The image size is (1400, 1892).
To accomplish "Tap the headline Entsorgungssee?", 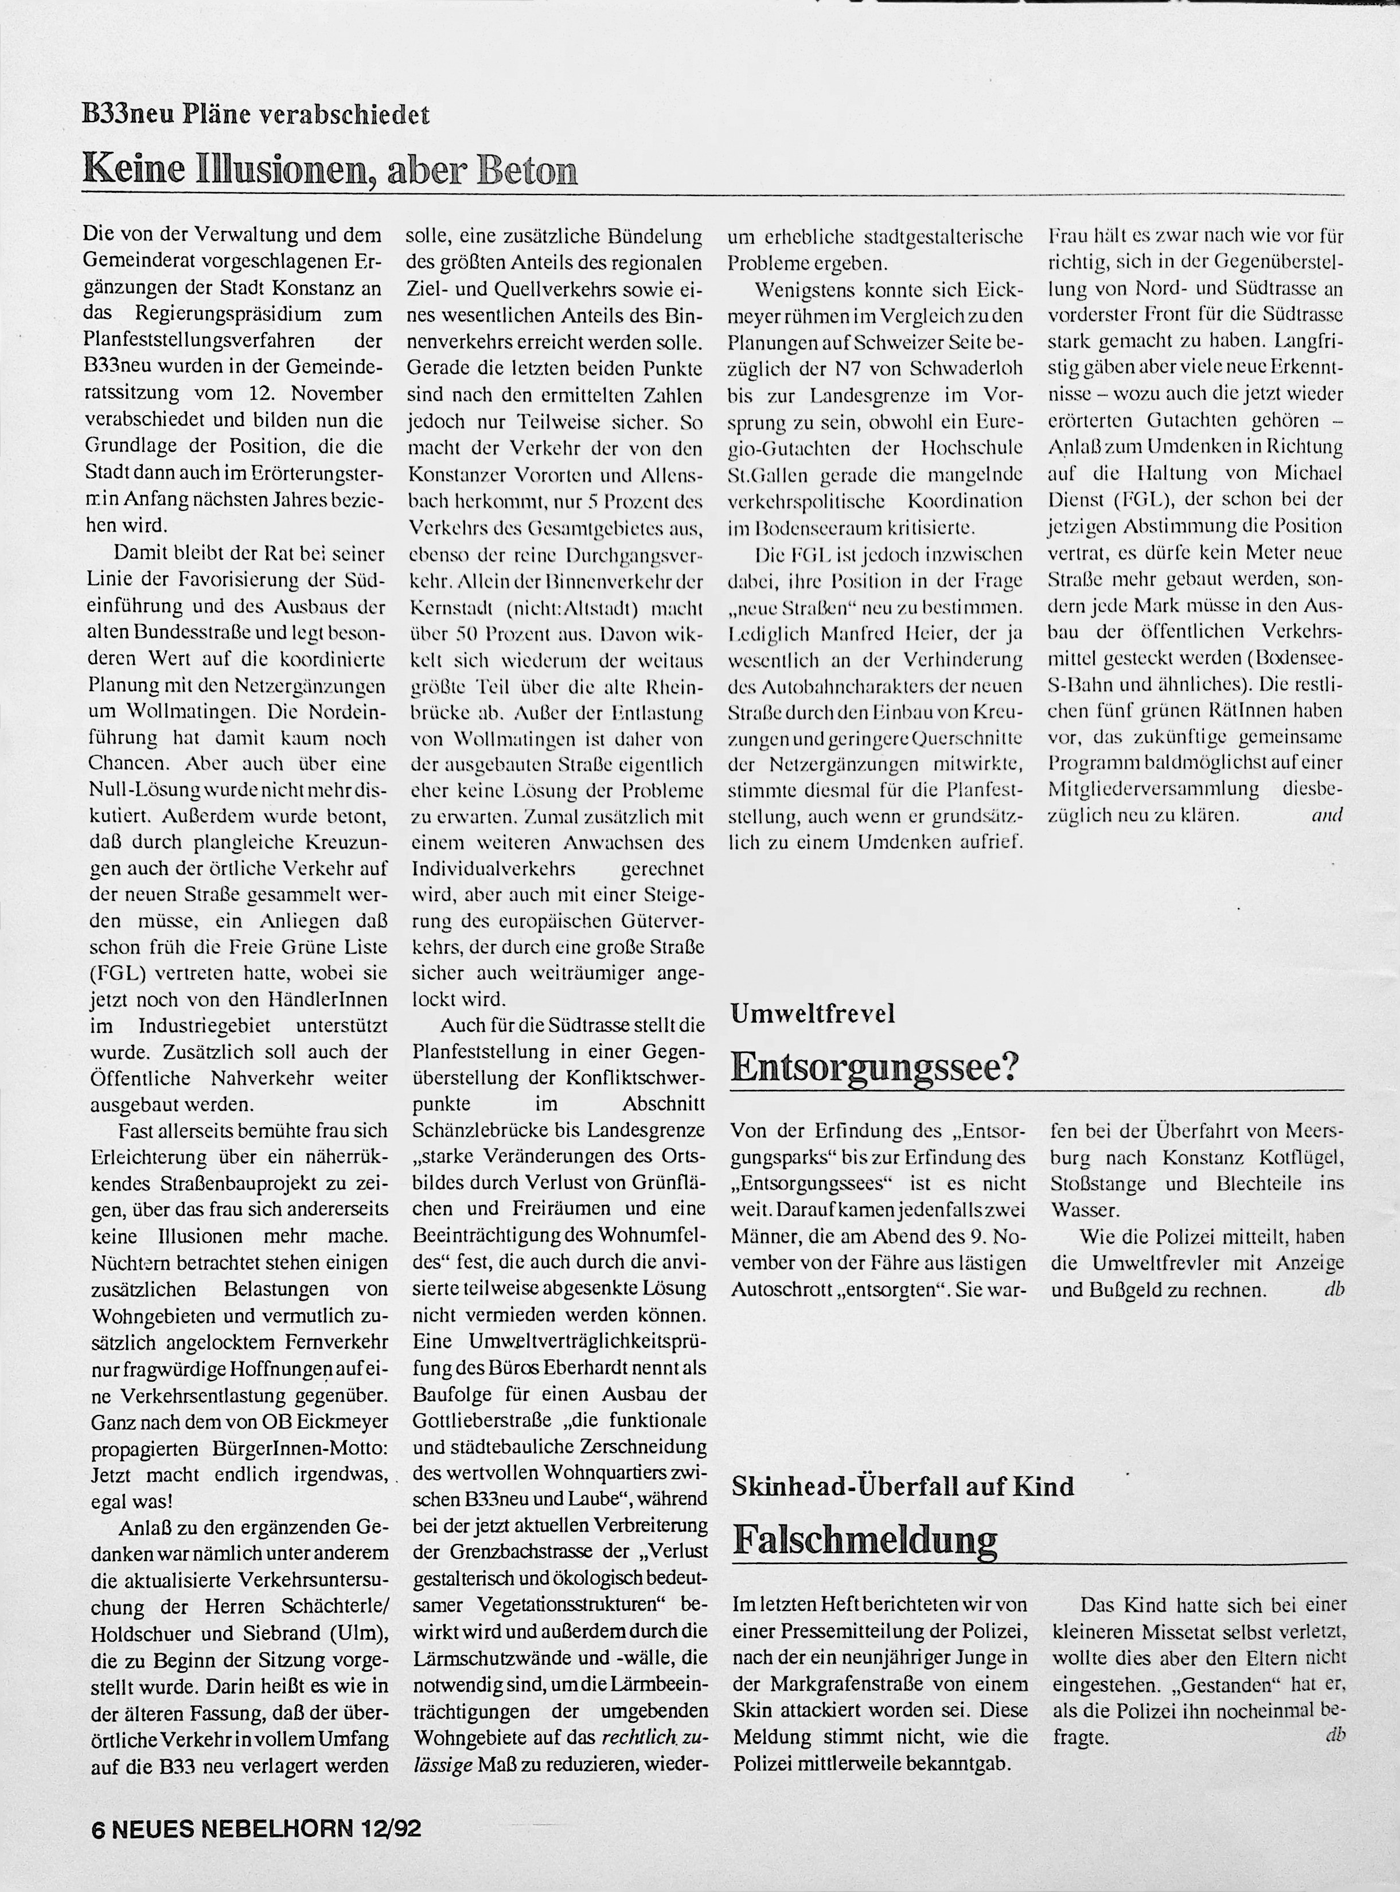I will (873, 1067).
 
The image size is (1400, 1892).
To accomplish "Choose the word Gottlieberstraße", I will (486, 1420).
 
